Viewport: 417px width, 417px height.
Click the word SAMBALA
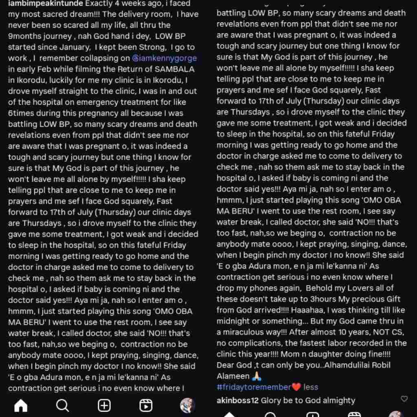pyautogui.click(x=171, y=69)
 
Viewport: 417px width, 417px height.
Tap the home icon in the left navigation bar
pyautogui.click(x=21, y=405)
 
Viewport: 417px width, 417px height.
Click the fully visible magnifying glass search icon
pyautogui.click(x=62, y=405)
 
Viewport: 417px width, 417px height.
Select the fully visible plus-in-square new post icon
pyautogui.click(x=104, y=405)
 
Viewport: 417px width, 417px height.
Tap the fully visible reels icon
pyautogui.click(x=146, y=405)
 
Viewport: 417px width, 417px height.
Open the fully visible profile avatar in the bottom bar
pyautogui.click(x=187, y=405)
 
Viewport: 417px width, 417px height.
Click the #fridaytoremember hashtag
pyautogui.click(x=254, y=387)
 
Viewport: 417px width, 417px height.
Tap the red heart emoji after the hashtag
pyautogui.click(x=296, y=387)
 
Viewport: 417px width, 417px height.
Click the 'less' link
pyautogui.click(x=311, y=387)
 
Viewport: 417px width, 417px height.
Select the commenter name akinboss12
pyautogui.click(x=238, y=401)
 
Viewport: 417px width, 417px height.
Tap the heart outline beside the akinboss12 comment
pyautogui.click(x=404, y=399)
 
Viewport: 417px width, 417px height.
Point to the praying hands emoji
pyautogui.click(x=257, y=376)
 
